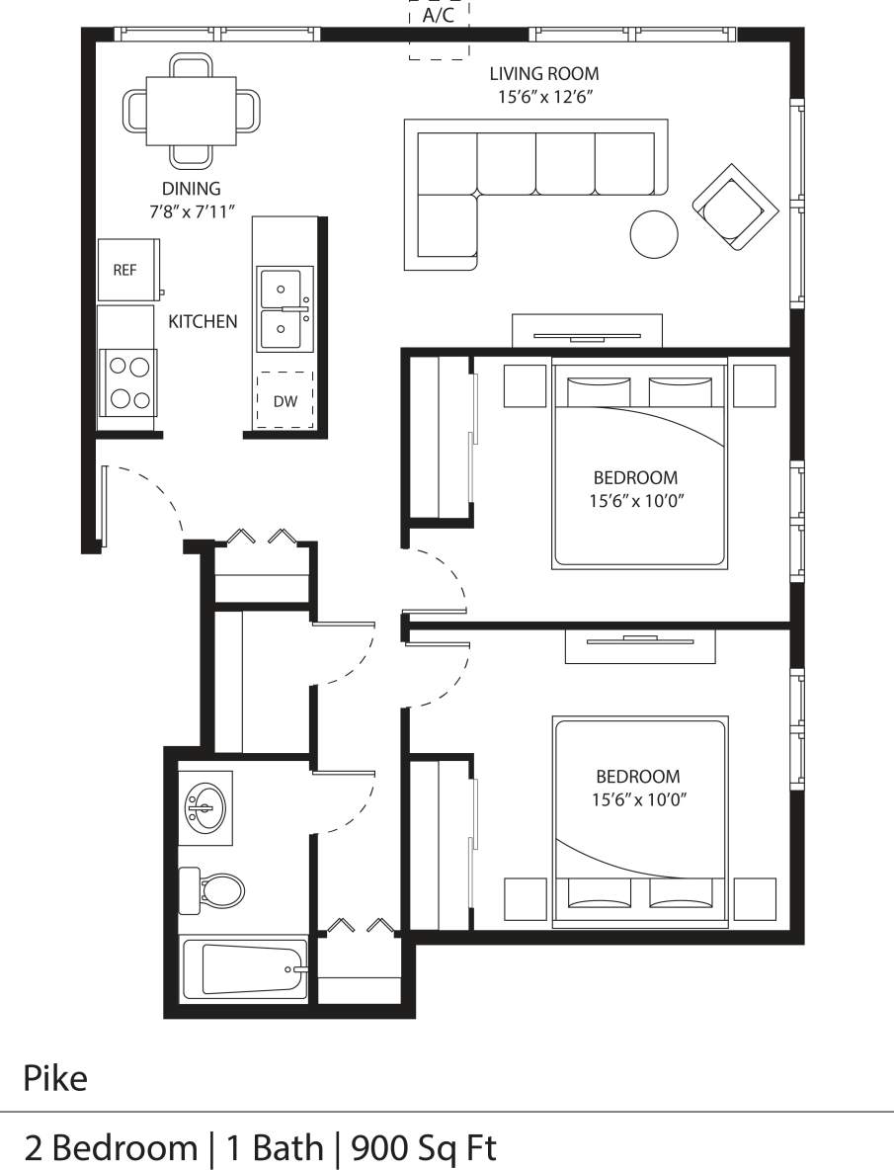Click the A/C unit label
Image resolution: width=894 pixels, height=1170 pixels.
439,17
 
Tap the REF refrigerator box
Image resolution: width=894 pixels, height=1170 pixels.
125,270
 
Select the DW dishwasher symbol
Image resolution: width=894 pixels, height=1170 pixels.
284,401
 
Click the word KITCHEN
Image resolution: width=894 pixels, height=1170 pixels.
203,321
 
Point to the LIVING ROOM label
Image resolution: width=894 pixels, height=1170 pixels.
544,74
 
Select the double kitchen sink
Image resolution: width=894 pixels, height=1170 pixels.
283,308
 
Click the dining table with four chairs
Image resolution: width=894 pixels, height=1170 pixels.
192,111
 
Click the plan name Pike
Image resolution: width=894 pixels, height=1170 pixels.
55,1078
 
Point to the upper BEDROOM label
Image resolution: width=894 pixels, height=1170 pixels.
635,477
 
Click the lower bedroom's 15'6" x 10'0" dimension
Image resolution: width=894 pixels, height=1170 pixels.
638,800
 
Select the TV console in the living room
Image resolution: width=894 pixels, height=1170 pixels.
587,331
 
